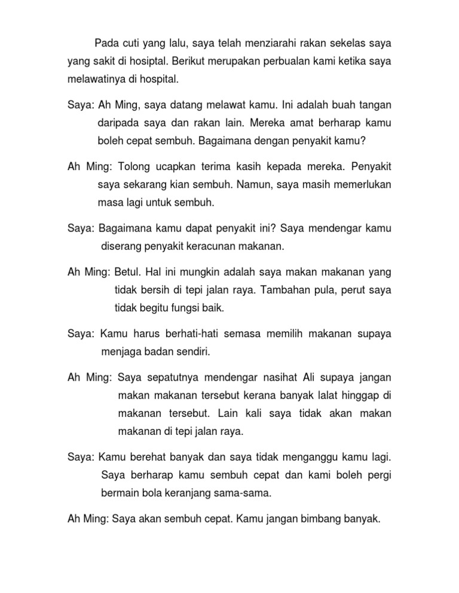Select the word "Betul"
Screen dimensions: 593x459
[127, 273]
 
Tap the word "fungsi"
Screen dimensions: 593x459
[187, 308]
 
